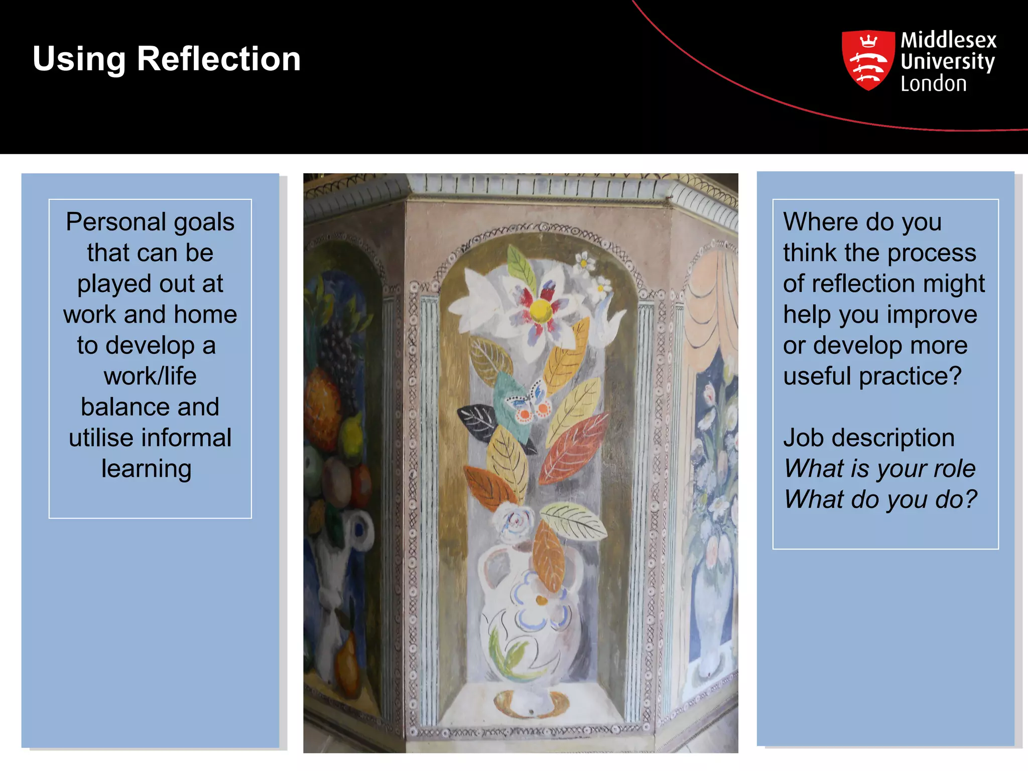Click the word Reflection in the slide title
[x=218, y=59]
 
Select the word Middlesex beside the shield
[x=948, y=40]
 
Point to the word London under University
[x=933, y=84]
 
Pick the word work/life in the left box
[x=150, y=376]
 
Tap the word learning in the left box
[x=146, y=469]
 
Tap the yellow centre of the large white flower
[x=540, y=311]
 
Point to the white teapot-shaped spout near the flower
[x=612, y=321]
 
